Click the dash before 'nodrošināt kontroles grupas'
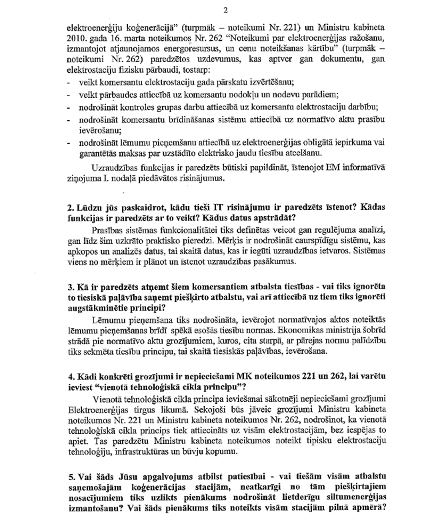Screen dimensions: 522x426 click(70, 108)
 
